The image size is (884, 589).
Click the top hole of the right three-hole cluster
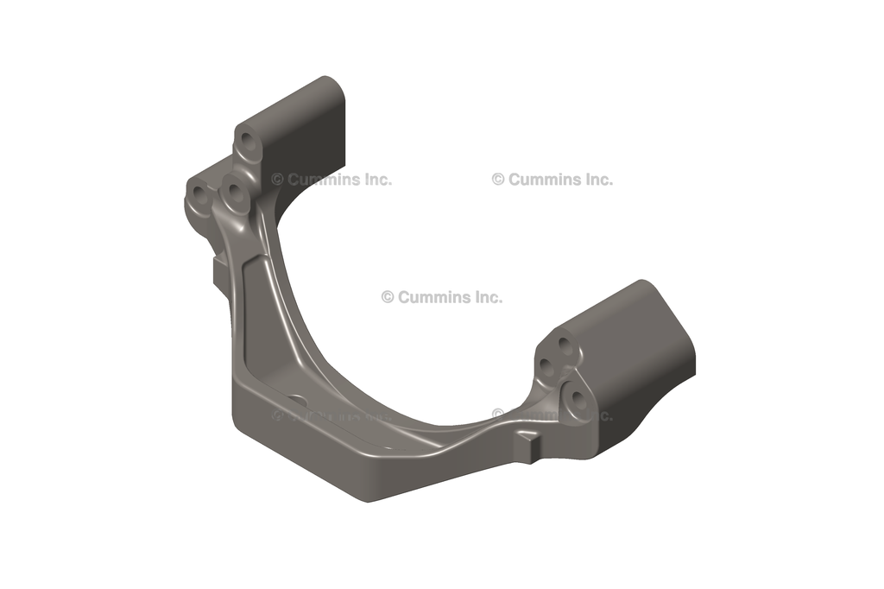pyautogui.click(x=565, y=345)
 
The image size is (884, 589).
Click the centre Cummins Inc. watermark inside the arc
pyautogui.click(x=441, y=297)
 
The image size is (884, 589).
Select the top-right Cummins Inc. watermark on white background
pyautogui.click(x=552, y=180)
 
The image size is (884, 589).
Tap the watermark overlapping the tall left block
pyautogui.click(x=331, y=180)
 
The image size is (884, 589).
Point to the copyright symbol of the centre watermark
pyautogui.click(x=388, y=297)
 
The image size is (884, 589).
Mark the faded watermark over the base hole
pyautogui.click(x=331, y=415)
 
